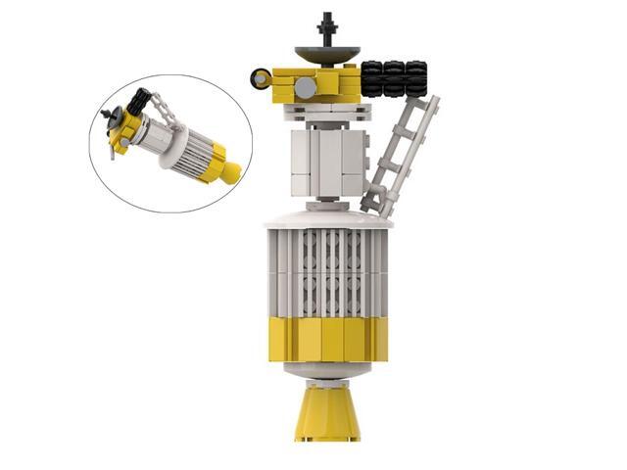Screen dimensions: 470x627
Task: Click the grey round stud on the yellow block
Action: click(x=307, y=87)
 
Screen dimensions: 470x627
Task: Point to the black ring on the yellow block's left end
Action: click(x=261, y=76)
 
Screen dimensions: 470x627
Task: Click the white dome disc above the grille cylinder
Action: click(x=328, y=212)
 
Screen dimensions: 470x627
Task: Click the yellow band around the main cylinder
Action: click(x=328, y=339)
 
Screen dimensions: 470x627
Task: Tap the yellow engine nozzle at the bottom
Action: click(x=328, y=412)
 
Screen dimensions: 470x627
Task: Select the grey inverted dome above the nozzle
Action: click(x=328, y=373)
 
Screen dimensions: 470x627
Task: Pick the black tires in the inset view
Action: click(x=139, y=100)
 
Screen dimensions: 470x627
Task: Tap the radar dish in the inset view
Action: click(x=110, y=123)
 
